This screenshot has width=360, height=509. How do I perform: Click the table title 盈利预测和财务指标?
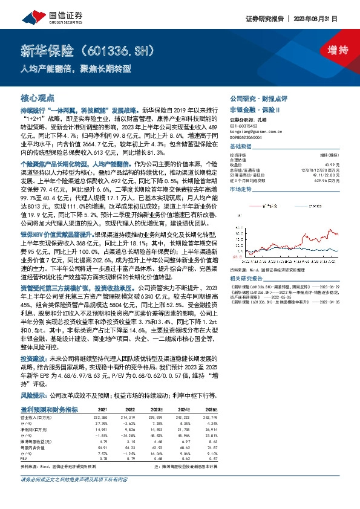coord(49,409)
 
